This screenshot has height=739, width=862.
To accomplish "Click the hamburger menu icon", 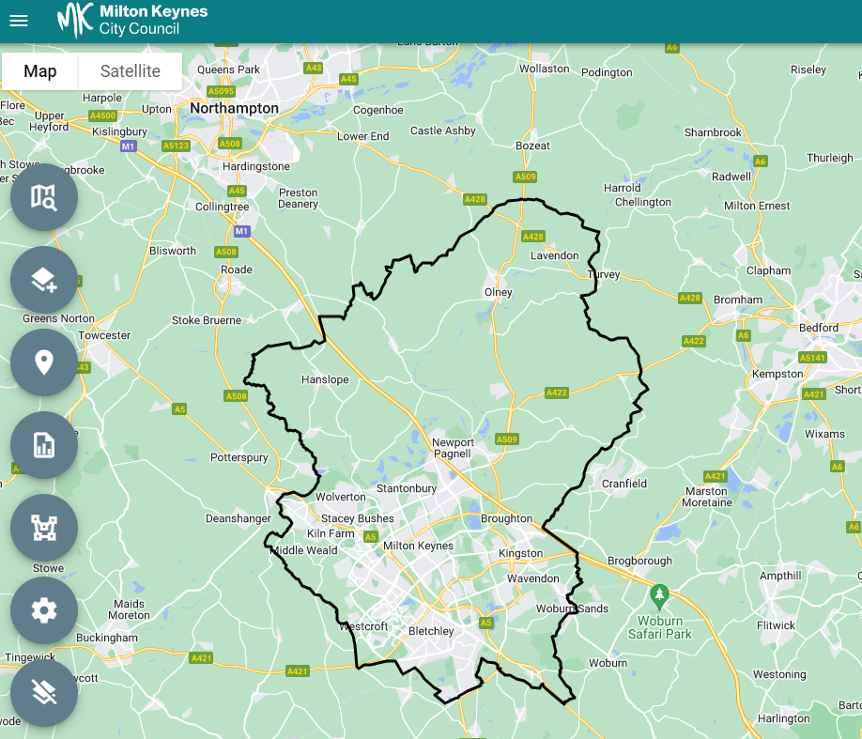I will tap(19, 21).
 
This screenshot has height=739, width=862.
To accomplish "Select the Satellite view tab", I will tap(130, 71).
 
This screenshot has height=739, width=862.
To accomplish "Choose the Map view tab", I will tap(40, 71).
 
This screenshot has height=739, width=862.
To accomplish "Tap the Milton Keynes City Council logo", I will tap(132, 20).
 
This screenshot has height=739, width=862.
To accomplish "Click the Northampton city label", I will tap(234, 108).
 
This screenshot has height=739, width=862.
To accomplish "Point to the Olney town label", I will tap(498, 292).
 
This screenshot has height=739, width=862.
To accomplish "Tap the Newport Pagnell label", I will tap(453, 448).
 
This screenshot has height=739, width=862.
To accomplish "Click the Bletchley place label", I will tap(431, 631).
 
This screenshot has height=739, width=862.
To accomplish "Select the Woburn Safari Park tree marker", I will tap(660, 594).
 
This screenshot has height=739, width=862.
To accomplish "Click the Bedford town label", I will tap(820, 328).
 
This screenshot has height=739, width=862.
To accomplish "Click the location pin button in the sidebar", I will tap(44, 362).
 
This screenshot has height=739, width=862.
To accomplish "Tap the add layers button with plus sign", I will tap(44, 280).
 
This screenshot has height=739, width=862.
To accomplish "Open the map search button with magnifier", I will tap(44, 197).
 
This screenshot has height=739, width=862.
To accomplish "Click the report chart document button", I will tap(44, 445).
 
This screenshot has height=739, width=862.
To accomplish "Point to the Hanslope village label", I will tap(325, 380).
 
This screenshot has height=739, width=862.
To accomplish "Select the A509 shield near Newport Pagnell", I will tap(507, 439).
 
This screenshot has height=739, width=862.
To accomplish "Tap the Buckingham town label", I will tap(107, 638).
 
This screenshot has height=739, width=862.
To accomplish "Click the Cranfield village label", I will tap(624, 484).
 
